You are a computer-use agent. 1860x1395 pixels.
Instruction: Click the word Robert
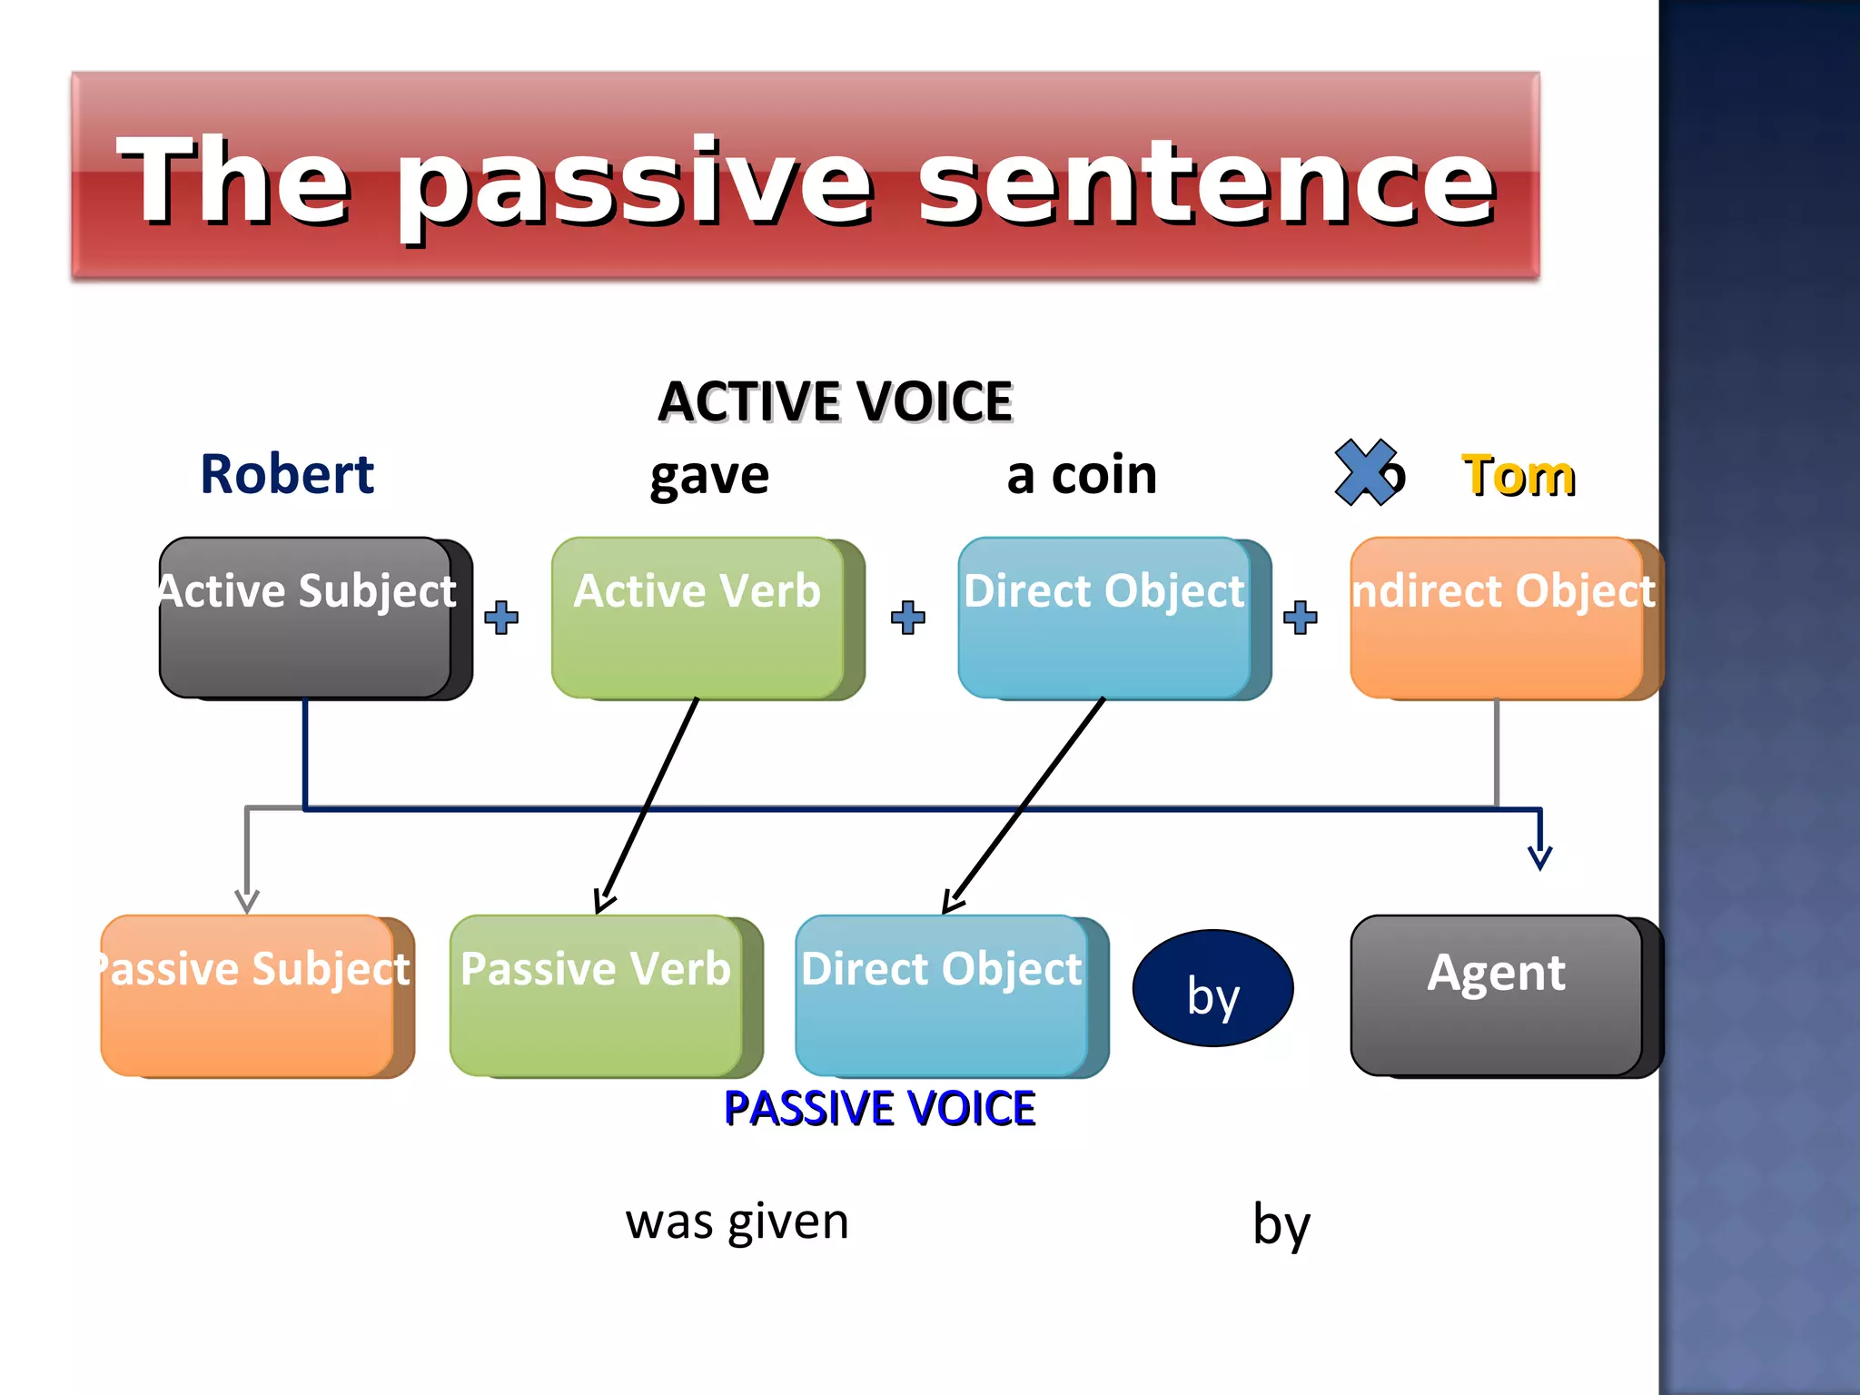tap(287, 474)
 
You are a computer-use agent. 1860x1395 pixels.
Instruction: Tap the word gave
tap(709, 476)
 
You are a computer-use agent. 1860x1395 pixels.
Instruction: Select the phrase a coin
tap(1082, 474)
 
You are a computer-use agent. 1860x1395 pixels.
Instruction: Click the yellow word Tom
tap(1519, 476)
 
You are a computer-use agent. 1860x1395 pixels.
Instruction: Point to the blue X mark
tap(1365, 471)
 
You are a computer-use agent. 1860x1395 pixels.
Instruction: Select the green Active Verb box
tap(698, 627)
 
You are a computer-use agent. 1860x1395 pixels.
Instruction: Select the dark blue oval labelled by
tap(1213, 989)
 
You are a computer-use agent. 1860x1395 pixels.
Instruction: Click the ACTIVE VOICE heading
tap(835, 401)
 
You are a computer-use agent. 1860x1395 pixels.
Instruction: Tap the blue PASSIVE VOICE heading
tap(879, 1109)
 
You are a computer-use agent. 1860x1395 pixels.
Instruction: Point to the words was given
tap(737, 1222)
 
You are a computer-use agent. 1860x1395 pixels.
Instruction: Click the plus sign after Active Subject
tap(501, 618)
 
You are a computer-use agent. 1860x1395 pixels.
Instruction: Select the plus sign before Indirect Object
tap(1301, 618)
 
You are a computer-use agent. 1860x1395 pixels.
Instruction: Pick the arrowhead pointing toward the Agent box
tap(1539, 855)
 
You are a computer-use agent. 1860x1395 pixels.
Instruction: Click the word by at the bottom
tap(1281, 1226)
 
